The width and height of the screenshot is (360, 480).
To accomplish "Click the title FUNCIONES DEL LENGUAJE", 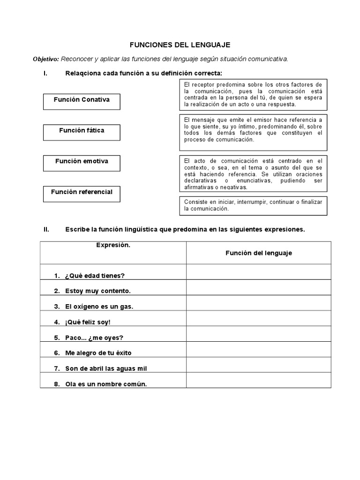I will (x=180, y=45).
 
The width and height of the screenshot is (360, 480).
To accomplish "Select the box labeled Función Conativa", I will (x=82, y=101).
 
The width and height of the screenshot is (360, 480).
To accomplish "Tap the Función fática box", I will (x=82, y=132).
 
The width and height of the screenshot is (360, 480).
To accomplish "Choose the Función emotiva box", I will (x=82, y=162).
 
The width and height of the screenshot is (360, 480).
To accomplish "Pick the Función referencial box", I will (x=82, y=193).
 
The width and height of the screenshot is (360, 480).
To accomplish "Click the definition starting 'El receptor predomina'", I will (x=253, y=94).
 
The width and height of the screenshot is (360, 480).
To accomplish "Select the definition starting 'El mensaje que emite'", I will (x=253, y=130).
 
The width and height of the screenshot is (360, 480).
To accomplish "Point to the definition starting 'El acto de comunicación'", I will (x=253, y=173).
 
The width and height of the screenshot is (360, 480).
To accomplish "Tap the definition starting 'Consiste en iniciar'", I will (x=253, y=205).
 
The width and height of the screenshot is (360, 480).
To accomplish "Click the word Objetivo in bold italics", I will (x=45, y=59).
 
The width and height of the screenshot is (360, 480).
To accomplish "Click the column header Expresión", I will (x=113, y=245).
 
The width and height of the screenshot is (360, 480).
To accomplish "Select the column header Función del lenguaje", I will (x=258, y=253).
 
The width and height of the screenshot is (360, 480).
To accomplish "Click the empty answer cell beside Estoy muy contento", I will (x=258, y=287).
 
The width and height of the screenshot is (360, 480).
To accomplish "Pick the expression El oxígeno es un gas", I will (x=99, y=306).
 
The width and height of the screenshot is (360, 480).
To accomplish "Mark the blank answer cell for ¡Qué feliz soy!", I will (x=258, y=318).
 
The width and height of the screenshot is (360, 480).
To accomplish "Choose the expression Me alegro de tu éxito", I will (x=102, y=353).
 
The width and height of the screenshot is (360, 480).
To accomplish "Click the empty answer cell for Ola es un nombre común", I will (x=258, y=380).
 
